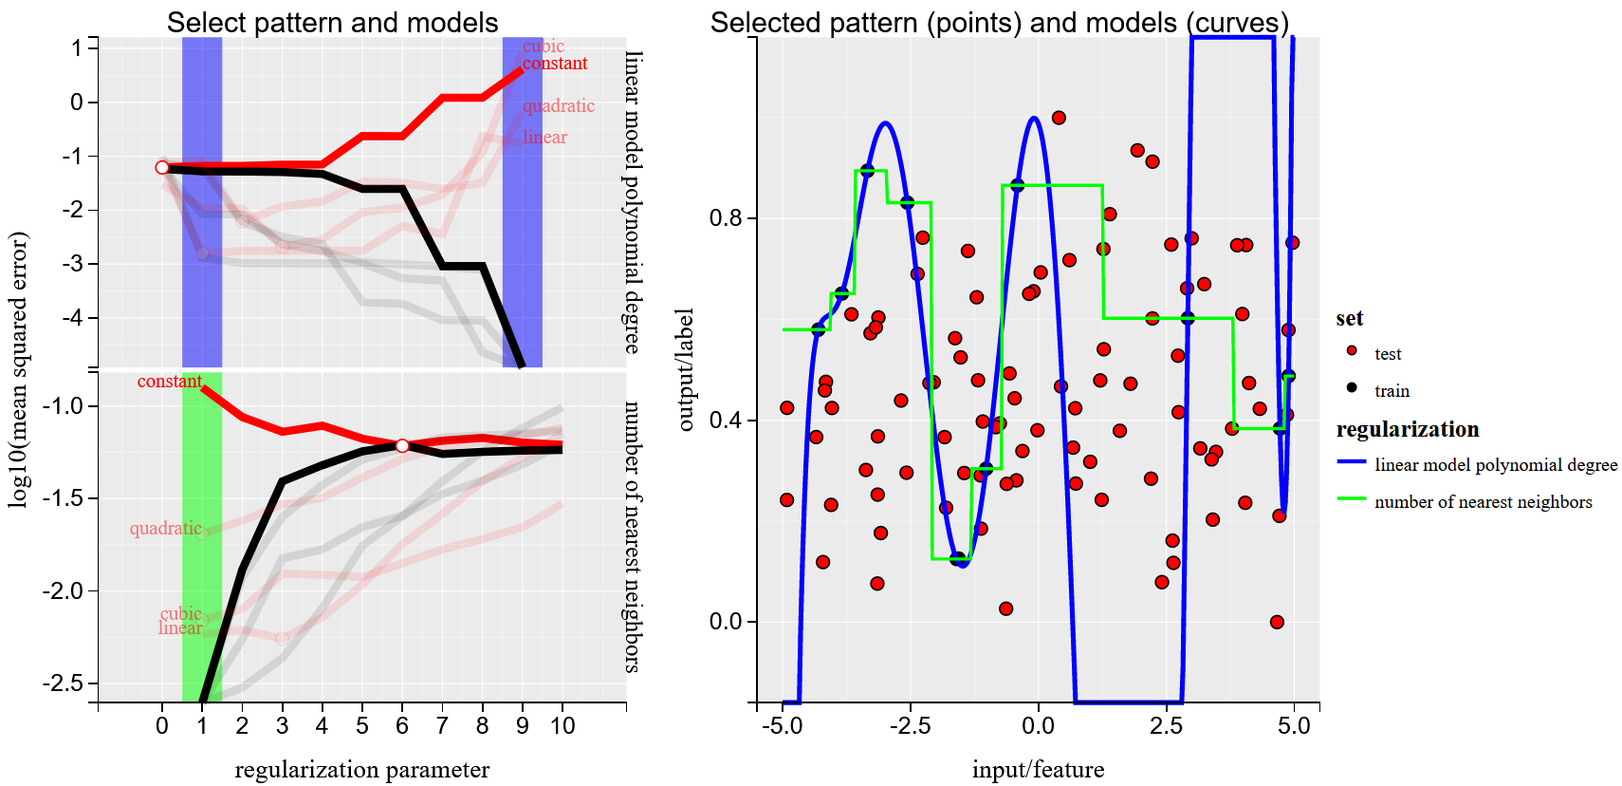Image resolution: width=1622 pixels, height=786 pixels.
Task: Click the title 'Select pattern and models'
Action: pos(332,23)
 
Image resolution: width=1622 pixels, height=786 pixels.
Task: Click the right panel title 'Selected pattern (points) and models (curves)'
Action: pos(999,23)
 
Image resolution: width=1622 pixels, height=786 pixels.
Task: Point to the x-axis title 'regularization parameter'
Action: pos(361,769)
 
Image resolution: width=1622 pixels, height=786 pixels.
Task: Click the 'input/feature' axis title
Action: pos(1038,769)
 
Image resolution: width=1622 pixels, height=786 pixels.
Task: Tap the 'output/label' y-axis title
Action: pos(686,369)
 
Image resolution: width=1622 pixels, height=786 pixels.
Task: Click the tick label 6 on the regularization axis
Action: pos(402,726)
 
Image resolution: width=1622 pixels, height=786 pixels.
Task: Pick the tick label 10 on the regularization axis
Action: pos(562,726)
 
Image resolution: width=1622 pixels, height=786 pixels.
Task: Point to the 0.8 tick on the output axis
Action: pos(726,218)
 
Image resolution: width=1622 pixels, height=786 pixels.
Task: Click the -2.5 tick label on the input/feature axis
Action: pos(910,726)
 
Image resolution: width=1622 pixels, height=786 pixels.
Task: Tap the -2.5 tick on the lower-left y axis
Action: pos(65,683)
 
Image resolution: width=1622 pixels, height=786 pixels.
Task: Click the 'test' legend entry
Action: pos(1387,354)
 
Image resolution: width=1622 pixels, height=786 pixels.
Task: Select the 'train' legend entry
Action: pos(1392,391)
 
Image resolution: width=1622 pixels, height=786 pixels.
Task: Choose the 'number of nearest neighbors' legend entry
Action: pos(1483,502)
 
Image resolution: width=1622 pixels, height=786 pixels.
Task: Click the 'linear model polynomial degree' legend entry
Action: pos(1495,465)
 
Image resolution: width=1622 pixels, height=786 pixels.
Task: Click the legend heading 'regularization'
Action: pos(1407,429)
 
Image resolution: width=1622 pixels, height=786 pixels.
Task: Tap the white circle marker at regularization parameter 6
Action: pos(402,445)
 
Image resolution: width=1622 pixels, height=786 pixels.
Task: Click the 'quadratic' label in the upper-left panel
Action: pos(558,106)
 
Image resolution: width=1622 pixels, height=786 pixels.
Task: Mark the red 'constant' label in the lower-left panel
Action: pos(169,382)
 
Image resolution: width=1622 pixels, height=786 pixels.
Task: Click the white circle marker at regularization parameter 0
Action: pos(162,167)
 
